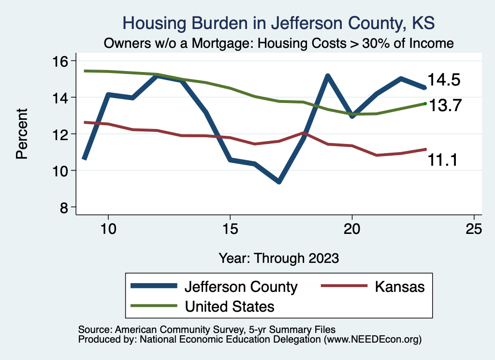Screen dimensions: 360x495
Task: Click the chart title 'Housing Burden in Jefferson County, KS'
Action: [x=279, y=23]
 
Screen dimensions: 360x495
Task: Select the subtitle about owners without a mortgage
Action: [x=279, y=43]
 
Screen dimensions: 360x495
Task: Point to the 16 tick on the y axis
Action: [x=62, y=61]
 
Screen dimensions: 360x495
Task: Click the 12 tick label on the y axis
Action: [x=62, y=134]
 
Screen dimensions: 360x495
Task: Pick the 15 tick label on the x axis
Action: [x=230, y=229]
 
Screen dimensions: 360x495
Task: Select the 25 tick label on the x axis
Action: [x=474, y=229]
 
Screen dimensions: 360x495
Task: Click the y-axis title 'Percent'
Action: [x=21, y=134]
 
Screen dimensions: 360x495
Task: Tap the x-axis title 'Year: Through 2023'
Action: [x=279, y=258]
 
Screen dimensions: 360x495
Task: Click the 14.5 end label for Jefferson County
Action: [x=443, y=80]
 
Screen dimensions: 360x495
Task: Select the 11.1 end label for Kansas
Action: [x=443, y=160]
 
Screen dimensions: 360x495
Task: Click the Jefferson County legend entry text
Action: [x=241, y=287]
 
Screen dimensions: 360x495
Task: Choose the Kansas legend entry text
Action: [x=399, y=287]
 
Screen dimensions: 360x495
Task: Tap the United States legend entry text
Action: [x=230, y=306]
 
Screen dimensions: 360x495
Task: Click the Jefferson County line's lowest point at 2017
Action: [x=279, y=181]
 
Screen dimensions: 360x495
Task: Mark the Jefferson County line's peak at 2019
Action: [x=328, y=76]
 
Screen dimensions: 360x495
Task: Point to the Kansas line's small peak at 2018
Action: [x=303, y=132]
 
